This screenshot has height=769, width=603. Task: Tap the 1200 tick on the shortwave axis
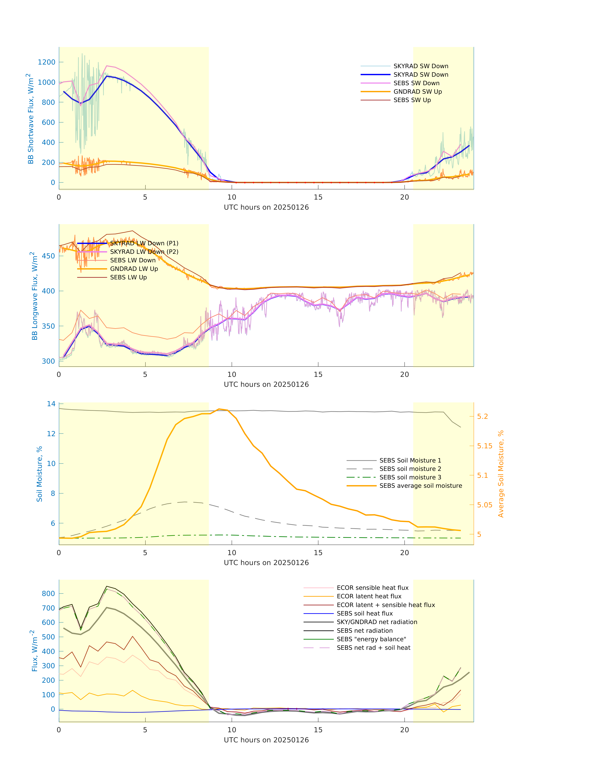(47, 62)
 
